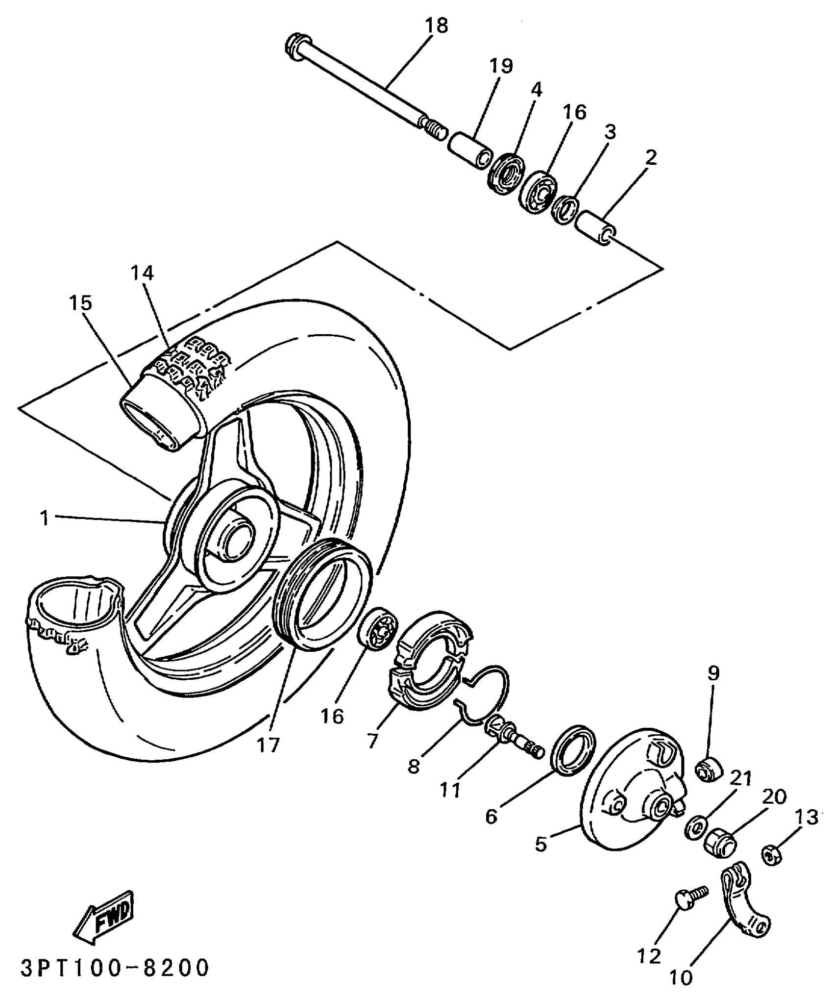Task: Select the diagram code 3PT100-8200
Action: pos(116,968)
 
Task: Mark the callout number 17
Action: pos(269,745)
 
